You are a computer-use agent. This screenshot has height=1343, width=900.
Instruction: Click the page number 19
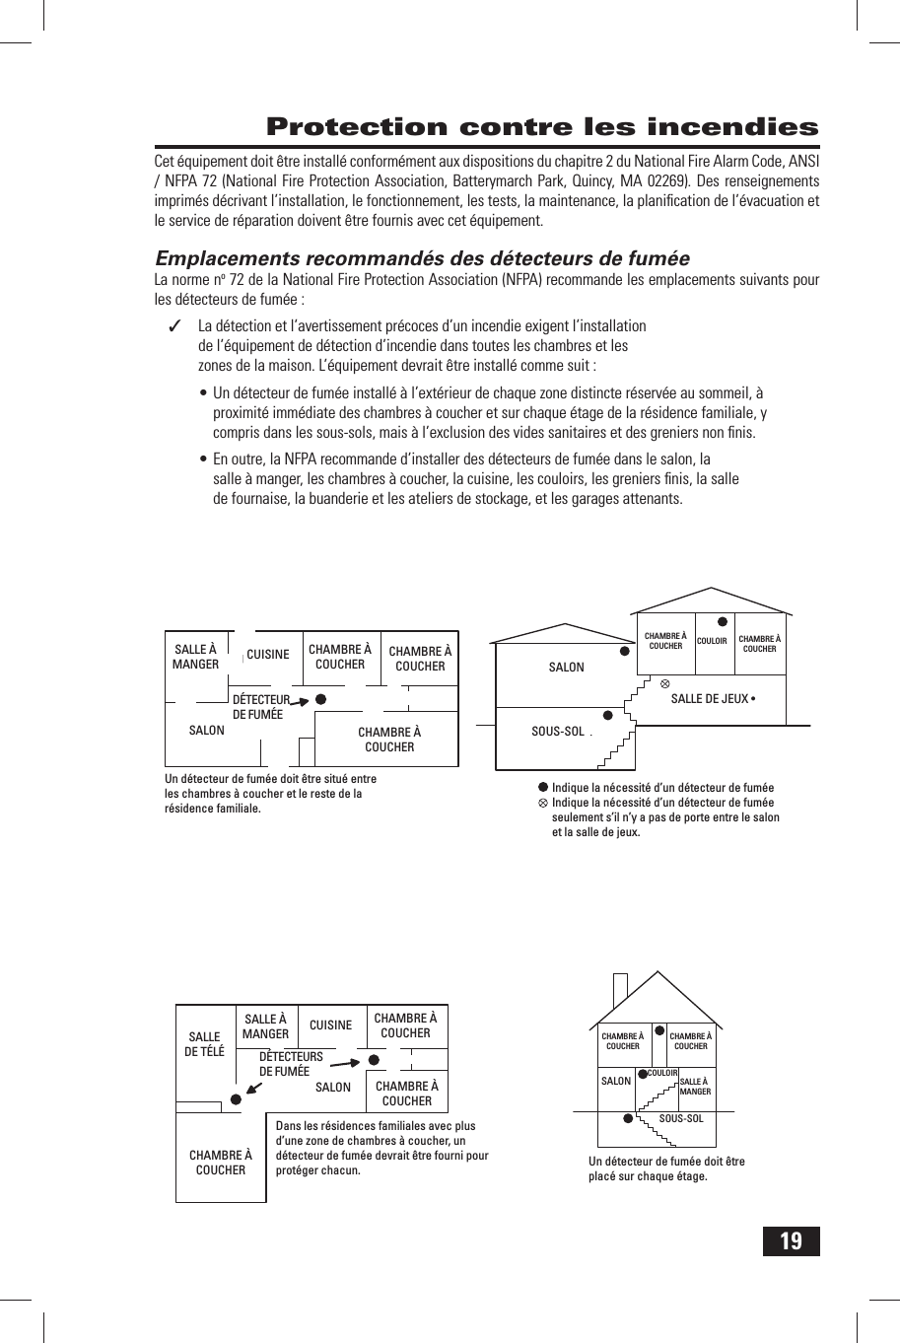point(791,1240)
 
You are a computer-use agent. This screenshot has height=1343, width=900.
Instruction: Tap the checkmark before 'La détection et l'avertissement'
point(174,326)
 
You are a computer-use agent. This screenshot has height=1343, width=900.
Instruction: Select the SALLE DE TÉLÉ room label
point(204,1044)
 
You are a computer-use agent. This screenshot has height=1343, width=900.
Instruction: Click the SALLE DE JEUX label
point(710,699)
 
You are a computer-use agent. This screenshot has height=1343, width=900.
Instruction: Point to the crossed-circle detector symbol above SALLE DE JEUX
point(664,682)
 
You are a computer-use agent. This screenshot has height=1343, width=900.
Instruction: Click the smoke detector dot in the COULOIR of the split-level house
point(722,622)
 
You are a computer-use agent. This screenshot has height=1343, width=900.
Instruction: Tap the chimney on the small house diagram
point(619,989)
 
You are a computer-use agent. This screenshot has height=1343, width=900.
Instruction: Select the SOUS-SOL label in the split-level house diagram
point(558,732)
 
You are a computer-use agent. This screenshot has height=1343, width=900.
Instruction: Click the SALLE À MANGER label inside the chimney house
point(695,1087)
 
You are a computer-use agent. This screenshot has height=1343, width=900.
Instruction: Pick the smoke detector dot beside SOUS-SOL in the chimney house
point(627,1118)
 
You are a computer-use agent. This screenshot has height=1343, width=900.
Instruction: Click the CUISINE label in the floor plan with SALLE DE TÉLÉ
point(330,1025)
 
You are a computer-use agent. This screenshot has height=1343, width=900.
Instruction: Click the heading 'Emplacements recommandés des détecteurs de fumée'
point(422,258)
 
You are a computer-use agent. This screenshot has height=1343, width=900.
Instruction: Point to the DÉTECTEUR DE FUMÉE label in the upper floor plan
point(259,707)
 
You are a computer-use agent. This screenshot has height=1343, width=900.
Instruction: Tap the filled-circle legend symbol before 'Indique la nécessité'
point(542,787)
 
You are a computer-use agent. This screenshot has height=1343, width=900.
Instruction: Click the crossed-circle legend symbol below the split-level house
point(542,803)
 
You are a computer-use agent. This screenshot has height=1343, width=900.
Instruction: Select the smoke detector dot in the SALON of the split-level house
point(624,651)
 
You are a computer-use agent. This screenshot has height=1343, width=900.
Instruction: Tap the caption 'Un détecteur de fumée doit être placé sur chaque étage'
point(666,1168)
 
